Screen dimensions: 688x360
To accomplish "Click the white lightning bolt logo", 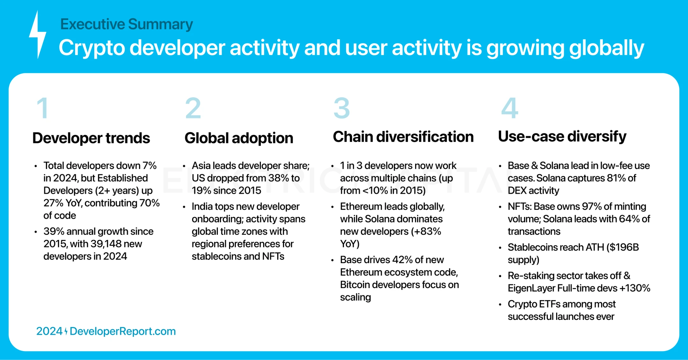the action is (x=38, y=34).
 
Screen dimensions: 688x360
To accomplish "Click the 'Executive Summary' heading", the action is (x=126, y=24).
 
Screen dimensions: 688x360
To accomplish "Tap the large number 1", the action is (x=43, y=108).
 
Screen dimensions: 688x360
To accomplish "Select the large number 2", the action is (x=193, y=108).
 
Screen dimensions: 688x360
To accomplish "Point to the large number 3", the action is (x=341, y=108).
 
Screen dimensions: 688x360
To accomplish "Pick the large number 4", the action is (x=510, y=108).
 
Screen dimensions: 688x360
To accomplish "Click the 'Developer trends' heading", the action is (x=91, y=138).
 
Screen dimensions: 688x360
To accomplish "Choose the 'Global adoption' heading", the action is (x=239, y=138).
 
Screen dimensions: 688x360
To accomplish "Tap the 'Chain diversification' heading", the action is (x=403, y=137).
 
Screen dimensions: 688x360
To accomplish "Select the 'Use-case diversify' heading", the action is (x=562, y=137).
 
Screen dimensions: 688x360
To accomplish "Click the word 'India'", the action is (x=202, y=206).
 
